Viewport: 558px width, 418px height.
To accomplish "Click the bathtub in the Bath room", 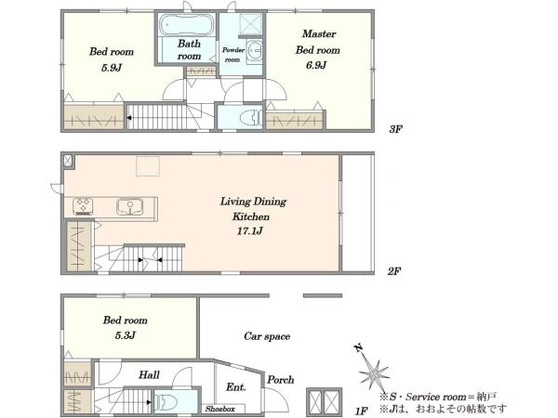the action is (x=187, y=24).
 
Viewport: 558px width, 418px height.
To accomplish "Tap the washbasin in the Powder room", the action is (x=255, y=51).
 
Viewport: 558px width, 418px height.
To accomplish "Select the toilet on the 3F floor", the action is (x=251, y=117).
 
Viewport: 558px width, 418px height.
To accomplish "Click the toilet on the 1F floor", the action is (x=166, y=402).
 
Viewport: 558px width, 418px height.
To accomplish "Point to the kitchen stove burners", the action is (x=83, y=206).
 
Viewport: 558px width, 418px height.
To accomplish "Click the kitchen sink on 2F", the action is (x=130, y=206).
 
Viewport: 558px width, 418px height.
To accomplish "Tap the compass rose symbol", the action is (x=372, y=372).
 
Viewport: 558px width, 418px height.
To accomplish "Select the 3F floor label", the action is (x=395, y=129).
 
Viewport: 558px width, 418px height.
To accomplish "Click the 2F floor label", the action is (x=394, y=271).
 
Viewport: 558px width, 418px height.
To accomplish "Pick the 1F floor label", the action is (x=361, y=411).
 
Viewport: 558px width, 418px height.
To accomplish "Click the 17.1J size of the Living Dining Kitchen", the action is (x=250, y=231).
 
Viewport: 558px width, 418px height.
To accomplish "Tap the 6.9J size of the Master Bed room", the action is (x=316, y=65).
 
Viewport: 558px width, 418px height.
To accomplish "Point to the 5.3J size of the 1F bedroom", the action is (x=125, y=335).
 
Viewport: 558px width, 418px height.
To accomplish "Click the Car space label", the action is (x=267, y=336).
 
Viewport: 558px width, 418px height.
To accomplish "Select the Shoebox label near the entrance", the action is (x=220, y=409).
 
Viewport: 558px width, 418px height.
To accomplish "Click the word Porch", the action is (x=281, y=380).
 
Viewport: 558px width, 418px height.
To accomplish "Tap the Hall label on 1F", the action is (x=149, y=374).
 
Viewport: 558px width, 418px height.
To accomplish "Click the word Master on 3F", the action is (x=319, y=33).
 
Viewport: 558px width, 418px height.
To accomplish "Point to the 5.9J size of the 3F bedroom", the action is (x=112, y=68).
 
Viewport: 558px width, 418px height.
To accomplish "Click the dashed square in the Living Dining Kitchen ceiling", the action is (x=148, y=166).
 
